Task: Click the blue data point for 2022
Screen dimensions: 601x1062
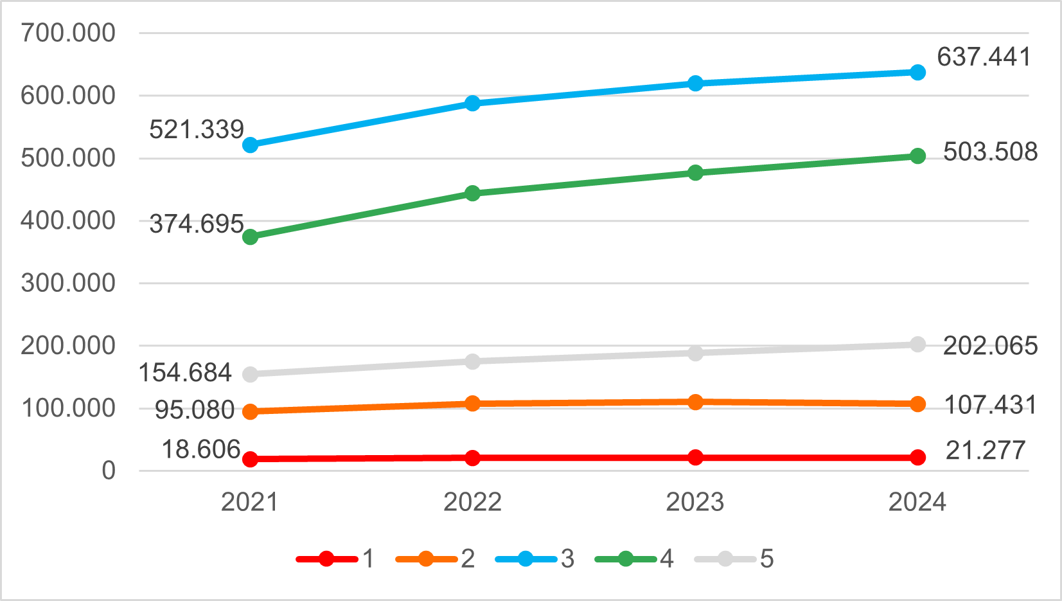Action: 472,103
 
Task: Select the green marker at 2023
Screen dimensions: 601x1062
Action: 695,173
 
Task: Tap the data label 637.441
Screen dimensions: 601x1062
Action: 984,57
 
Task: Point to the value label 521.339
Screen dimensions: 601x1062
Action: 197,130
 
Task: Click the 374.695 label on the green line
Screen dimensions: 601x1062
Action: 197,224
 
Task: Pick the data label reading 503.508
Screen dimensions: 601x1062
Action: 990,152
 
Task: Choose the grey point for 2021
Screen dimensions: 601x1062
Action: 250,374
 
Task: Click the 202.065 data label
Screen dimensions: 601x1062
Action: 990,346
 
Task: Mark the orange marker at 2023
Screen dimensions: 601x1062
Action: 695,402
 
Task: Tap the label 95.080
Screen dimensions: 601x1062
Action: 195,410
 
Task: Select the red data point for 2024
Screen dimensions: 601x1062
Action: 918,457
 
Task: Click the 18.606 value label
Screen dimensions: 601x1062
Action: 200,449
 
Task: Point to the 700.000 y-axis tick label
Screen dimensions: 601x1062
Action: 68,33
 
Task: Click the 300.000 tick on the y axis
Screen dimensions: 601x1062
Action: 68,283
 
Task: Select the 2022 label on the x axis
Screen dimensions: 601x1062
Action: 472,502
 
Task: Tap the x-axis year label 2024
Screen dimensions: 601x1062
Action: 917,502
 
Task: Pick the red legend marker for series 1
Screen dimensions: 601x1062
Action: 326,559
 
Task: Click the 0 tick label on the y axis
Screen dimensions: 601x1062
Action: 109,471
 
